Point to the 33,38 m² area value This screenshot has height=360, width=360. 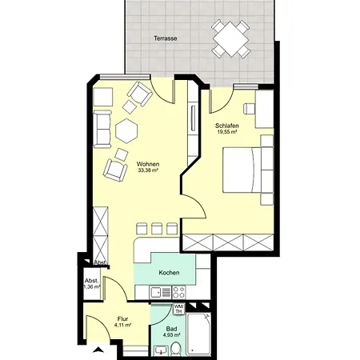tap(147, 170)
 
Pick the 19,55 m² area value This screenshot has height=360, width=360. tap(227, 134)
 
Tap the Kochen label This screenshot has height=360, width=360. tap(169, 273)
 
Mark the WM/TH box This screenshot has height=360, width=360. tap(179, 309)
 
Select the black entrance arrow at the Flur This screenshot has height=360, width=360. tap(98, 350)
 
